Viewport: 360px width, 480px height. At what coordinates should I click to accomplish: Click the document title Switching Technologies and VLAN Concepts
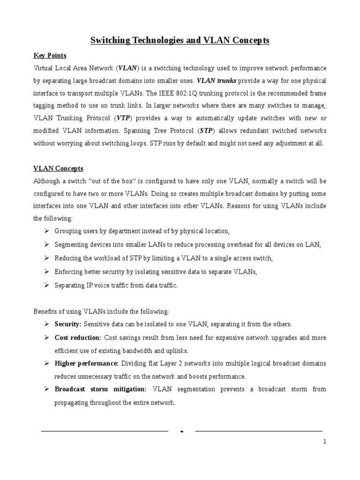tap(180, 41)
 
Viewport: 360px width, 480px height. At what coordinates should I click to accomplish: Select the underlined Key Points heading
tap(50, 55)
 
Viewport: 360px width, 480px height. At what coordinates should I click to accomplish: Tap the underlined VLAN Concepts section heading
tap(58, 168)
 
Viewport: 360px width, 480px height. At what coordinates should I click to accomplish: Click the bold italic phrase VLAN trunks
tap(217, 80)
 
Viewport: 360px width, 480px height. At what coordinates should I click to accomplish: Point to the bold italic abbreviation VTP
tap(123, 118)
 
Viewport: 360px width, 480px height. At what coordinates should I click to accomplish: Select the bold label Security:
tap(68, 324)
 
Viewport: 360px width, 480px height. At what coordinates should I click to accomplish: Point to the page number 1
tap(324, 442)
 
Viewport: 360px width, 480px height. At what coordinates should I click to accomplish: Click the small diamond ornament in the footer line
tap(181, 431)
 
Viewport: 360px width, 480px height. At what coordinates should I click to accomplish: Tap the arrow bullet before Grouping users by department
tap(47, 231)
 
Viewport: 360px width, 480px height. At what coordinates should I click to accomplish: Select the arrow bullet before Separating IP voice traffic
tap(47, 285)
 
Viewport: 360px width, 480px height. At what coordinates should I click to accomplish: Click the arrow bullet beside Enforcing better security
tap(47, 272)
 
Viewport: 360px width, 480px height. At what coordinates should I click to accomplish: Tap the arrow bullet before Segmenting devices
tap(47, 245)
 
